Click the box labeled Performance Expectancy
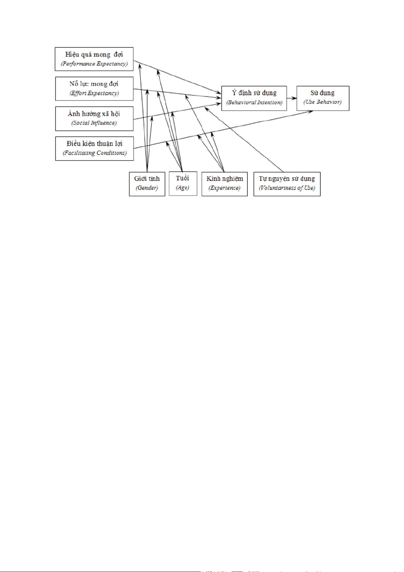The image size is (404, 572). [94, 59]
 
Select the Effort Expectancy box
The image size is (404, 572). [94, 89]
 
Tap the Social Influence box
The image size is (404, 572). [94, 119]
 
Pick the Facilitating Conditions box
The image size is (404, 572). [94, 149]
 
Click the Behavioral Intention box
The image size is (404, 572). [254, 98]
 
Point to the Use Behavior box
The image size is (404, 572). [323, 98]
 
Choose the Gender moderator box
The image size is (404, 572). [147, 184]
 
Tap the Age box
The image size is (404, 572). [183, 184]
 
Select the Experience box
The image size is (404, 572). [225, 184]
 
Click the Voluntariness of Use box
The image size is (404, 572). [287, 184]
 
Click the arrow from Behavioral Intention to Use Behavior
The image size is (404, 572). [292, 98]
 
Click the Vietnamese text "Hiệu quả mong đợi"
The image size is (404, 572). [94, 55]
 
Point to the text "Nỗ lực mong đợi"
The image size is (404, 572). [94, 84]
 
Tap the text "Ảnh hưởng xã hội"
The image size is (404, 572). [94, 114]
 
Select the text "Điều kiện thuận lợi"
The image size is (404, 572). [94, 144]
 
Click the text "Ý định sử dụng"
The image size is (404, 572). [254, 93]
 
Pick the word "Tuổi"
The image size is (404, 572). [182, 178]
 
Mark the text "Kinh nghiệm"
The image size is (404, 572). [225, 179]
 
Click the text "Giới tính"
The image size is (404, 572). [147, 179]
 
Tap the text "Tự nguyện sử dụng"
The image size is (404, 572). [287, 179]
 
